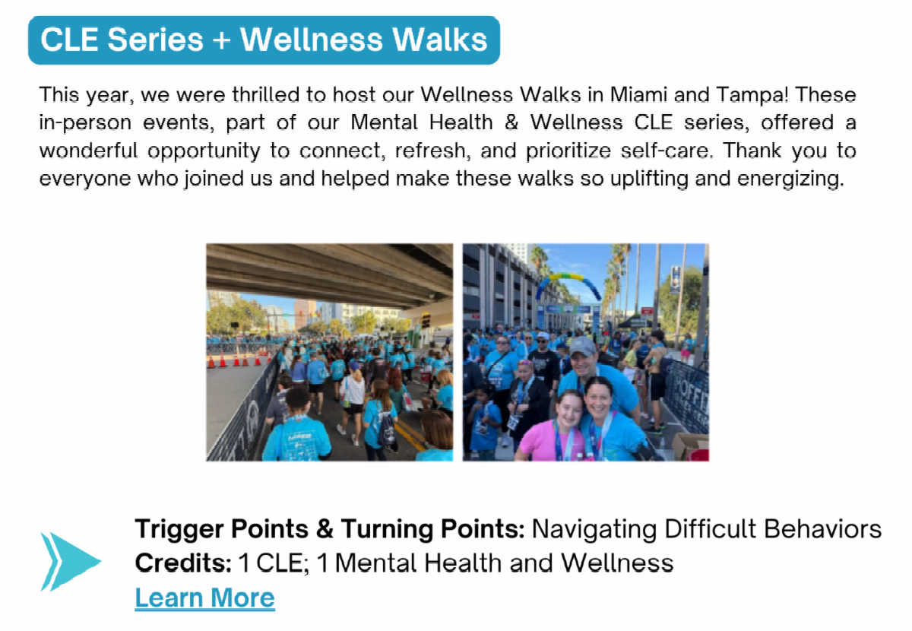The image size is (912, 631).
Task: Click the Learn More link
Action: [x=204, y=598]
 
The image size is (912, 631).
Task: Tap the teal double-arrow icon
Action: [x=70, y=561]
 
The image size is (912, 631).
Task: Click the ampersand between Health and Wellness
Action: [x=511, y=122]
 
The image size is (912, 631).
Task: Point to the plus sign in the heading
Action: [x=221, y=40]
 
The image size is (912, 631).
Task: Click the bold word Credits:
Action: [x=183, y=563]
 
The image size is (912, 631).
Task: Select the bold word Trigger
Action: [x=179, y=530]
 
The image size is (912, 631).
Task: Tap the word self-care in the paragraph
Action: [x=666, y=151]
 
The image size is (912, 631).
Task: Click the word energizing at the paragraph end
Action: [x=790, y=179]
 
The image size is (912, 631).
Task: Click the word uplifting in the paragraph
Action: [x=649, y=179]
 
